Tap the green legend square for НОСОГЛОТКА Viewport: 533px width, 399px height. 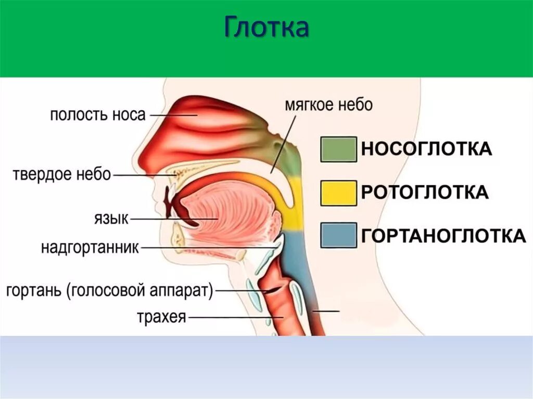click(338, 149)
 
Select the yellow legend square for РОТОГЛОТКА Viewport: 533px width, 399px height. click(338, 192)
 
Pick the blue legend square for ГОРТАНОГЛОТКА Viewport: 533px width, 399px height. click(338, 236)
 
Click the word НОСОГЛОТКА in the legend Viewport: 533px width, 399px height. click(426, 149)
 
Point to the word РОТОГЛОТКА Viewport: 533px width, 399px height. click(425, 192)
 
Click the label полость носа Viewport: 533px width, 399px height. click(98, 114)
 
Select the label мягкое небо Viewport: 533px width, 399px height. click(328, 105)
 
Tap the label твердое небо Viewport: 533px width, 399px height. click(62, 175)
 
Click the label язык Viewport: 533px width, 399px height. click(110, 218)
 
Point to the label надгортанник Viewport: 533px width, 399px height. click(90, 248)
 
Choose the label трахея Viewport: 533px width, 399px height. click(161, 316)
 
